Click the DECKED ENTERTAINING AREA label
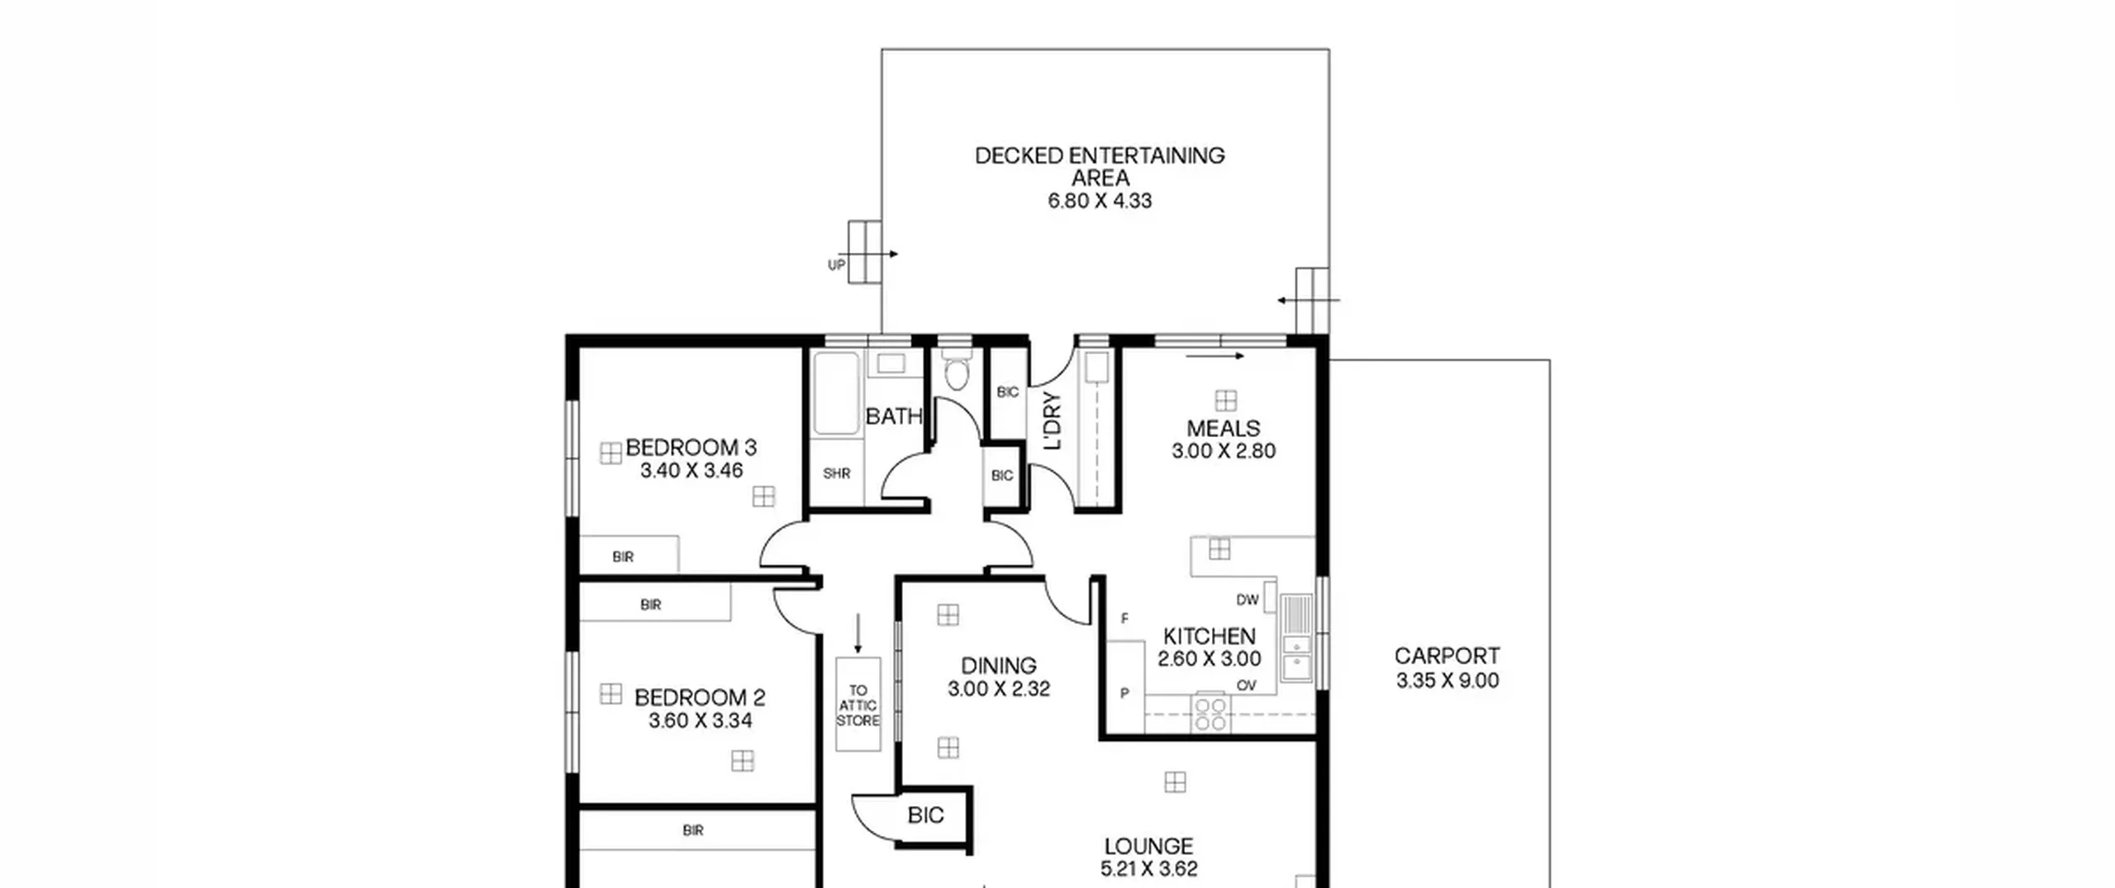(1100, 167)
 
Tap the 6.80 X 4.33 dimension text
(1100, 201)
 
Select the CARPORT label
(1447, 656)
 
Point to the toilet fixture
(956, 369)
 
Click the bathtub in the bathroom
(836, 392)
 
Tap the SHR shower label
(836, 474)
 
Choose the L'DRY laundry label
(1053, 421)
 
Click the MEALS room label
(1224, 429)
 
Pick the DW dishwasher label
(1248, 600)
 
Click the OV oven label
(1247, 686)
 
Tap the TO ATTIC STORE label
(858, 705)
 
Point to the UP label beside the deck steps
(836, 265)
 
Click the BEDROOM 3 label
(691, 448)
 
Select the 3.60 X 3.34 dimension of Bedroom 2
(700, 721)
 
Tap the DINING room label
(998, 666)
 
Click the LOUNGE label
(1148, 847)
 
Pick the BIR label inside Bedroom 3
(623, 558)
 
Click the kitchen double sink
(1296, 639)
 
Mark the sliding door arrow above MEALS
(1214, 357)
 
